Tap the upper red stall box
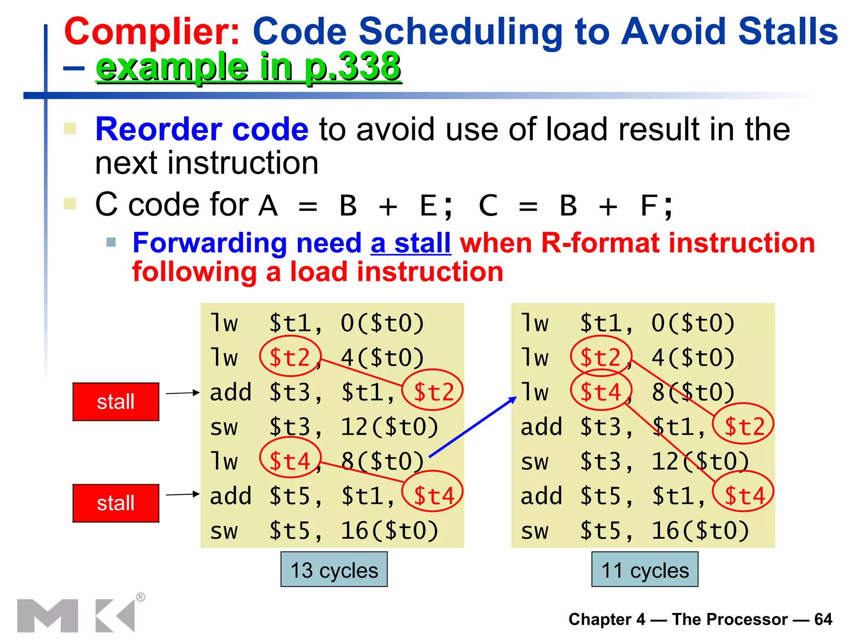[x=116, y=402]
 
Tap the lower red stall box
[x=116, y=503]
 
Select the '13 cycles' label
[x=334, y=570]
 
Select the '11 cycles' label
[x=645, y=570]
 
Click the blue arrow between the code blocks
[x=473, y=427]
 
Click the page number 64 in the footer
[x=823, y=619]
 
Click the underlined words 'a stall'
[x=411, y=243]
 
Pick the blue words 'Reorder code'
[x=202, y=129]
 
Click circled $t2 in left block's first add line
[x=433, y=392]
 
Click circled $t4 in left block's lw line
[x=290, y=461]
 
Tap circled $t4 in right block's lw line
[x=601, y=392]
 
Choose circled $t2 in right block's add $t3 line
[x=744, y=427]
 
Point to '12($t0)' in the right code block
[x=700, y=461]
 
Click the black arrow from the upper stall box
[x=183, y=393]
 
